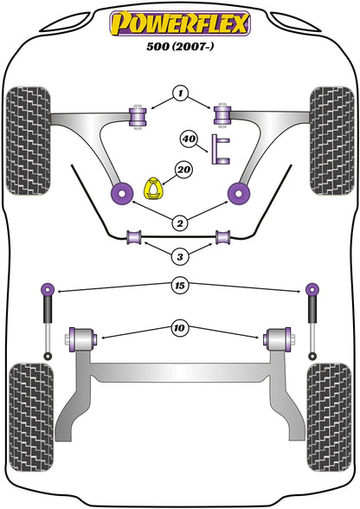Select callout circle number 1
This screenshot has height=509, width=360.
tap(180, 92)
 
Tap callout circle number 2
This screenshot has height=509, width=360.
tap(180, 223)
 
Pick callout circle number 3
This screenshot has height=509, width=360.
tap(180, 256)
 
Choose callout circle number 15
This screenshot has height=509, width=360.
tap(180, 283)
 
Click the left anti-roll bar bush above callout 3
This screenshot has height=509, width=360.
tap(134, 236)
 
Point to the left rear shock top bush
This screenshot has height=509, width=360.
tap(48, 288)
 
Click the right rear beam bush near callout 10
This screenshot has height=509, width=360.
tap(279, 335)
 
